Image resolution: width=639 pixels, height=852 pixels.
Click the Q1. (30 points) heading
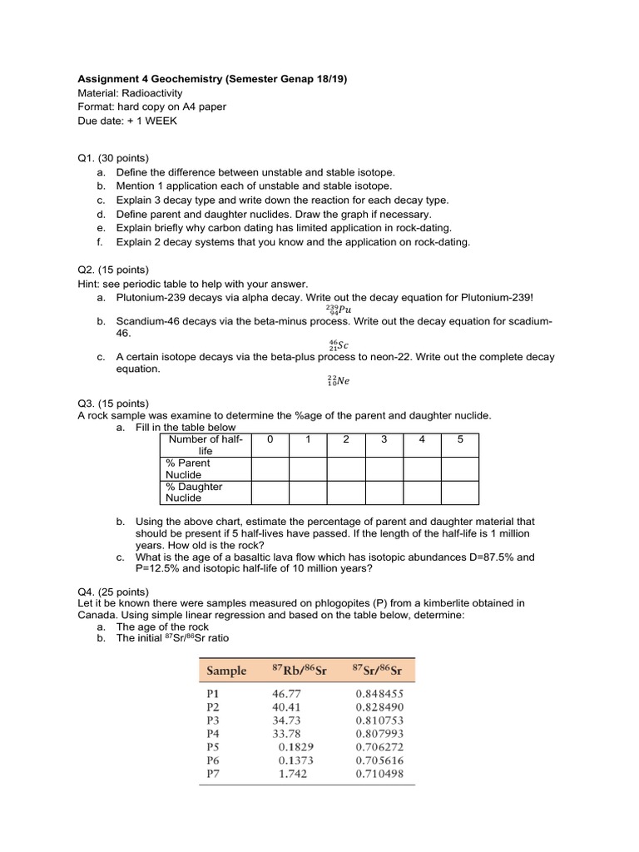coord(112,158)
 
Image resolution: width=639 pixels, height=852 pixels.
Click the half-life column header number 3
coord(384,439)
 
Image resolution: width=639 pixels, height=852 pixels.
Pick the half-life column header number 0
coord(270,439)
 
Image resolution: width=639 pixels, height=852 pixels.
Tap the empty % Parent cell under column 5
coord(459,468)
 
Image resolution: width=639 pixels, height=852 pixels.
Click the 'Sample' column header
coord(226,671)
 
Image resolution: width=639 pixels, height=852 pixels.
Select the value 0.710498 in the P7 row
coord(379,773)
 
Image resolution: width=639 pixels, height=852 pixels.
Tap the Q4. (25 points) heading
coord(112,592)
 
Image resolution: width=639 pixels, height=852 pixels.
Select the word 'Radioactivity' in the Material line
coord(153,93)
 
